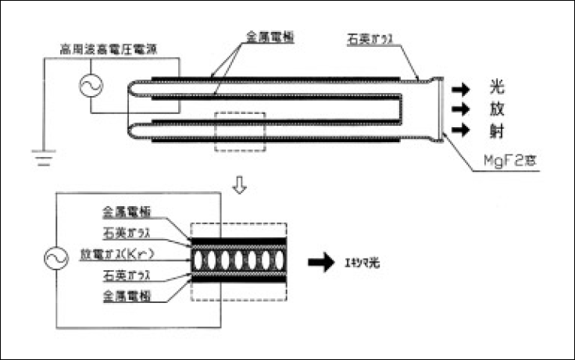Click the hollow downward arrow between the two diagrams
coord(241,187)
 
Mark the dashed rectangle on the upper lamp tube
coord(239,131)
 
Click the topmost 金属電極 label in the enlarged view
coord(125,212)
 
